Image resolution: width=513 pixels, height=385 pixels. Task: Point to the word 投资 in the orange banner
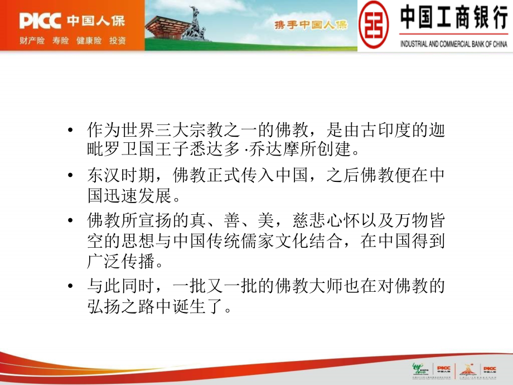[x=118, y=41]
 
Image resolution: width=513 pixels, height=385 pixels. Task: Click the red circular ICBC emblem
[x=376, y=25]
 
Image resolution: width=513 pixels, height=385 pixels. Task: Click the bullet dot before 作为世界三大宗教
[x=70, y=131]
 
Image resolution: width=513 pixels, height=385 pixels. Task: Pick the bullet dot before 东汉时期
[x=70, y=176]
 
